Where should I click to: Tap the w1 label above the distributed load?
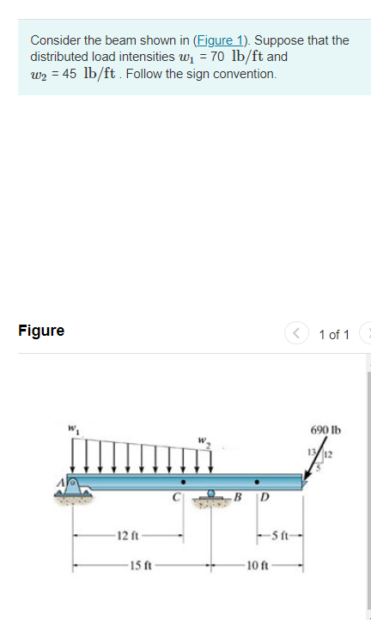coord(75,427)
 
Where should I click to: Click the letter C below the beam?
coord(174,495)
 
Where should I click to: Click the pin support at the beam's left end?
coord(76,491)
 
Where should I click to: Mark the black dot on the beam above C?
coord(182,482)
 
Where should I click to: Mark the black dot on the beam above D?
coord(256,482)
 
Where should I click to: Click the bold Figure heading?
coord(41,331)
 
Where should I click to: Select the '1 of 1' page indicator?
coord(333,334)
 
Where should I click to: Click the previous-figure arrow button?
coord(295,334)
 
